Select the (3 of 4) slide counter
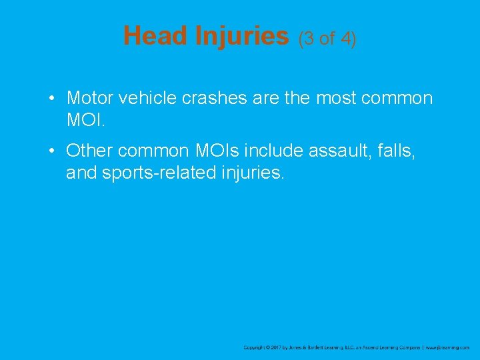(327, 39)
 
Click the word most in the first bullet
(337, 99)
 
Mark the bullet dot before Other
(51, 151)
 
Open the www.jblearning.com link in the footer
(448, 347)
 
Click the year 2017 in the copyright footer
(274, 347)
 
